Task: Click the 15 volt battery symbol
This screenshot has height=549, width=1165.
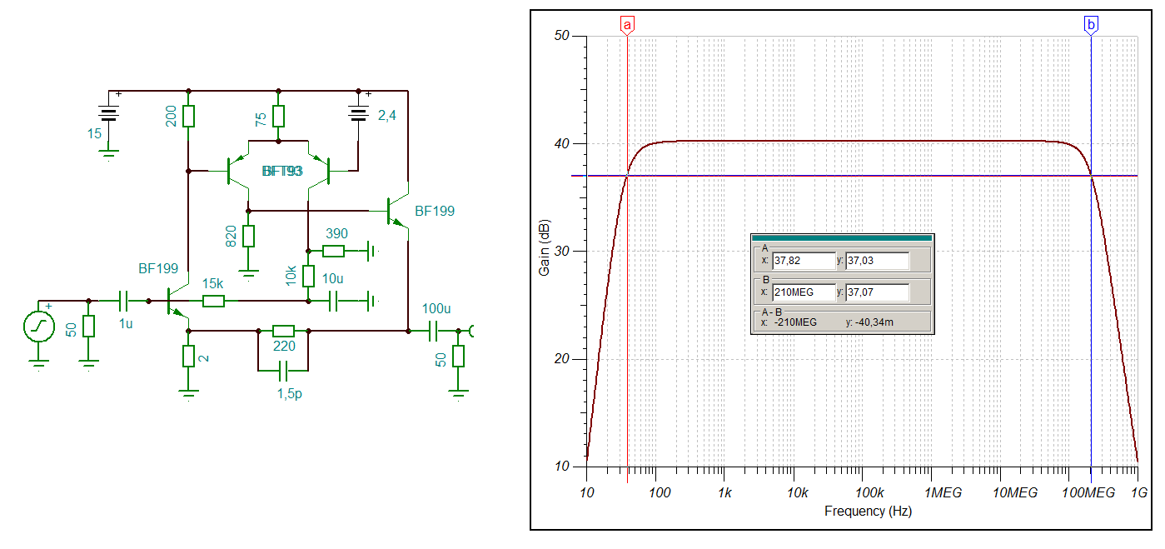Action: [107, 114]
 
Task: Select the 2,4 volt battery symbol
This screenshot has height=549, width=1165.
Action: [359, 113]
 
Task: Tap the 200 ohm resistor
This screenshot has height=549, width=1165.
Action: [189, 116]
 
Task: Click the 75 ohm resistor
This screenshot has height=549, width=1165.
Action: [278, 116]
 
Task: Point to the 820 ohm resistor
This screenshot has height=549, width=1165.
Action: [248, 236]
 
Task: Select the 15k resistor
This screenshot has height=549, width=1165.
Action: [213, 301]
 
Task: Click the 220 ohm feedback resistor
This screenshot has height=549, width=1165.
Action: [283, 331]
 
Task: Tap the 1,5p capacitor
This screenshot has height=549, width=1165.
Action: [283, 369]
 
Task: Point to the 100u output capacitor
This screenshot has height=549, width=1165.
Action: [433, 332]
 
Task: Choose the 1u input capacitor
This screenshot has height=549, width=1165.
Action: [125, 300]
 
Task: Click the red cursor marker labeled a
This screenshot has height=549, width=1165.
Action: [627, 26]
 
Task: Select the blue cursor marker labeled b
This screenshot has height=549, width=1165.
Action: [1091, 26]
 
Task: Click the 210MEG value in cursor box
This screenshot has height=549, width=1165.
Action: [804, 292]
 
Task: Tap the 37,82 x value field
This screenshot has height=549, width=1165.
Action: [804, 261]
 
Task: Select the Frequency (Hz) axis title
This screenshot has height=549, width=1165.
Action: [868, 511]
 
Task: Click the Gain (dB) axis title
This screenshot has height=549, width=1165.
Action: [545, 251]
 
